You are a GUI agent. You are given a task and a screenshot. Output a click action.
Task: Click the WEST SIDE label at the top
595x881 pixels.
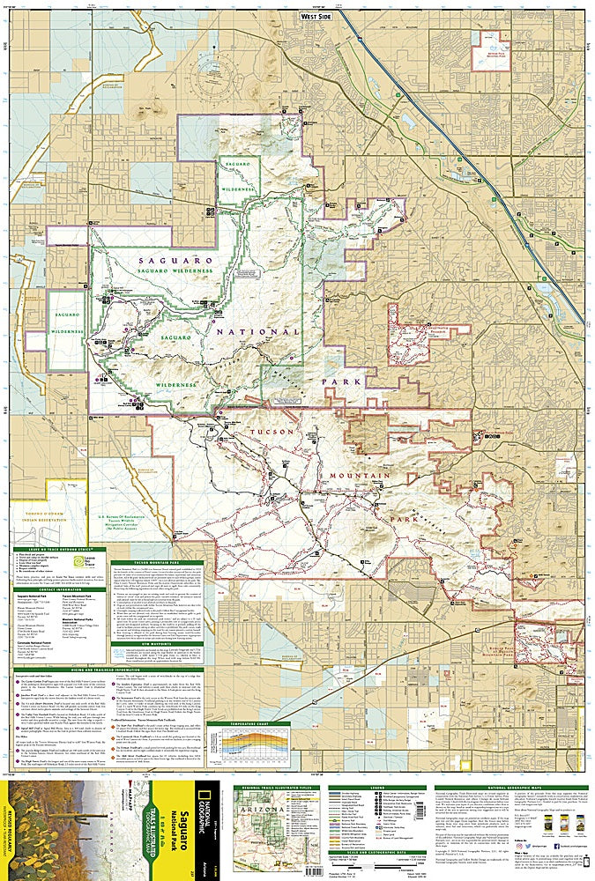coord(316,15)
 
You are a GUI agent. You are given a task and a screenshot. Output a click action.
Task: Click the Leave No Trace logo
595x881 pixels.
coord(93,560)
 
